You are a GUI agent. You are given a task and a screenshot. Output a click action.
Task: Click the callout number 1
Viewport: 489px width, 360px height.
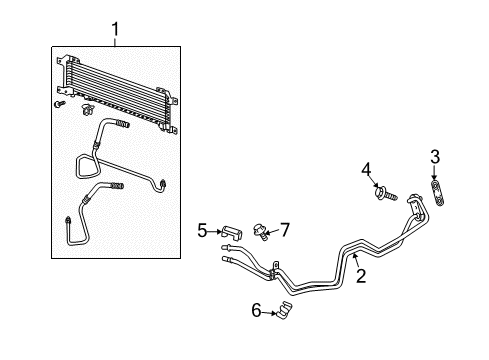pos(116,32)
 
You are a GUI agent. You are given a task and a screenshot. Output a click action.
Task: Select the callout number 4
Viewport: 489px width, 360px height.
pos(366,168)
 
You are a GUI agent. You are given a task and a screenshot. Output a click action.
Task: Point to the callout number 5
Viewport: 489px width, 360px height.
pos(201,230)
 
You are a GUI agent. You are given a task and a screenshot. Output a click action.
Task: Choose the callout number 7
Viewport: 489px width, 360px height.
pos(284,230)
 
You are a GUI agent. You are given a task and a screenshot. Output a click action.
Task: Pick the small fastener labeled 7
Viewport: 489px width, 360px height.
pos(263,236)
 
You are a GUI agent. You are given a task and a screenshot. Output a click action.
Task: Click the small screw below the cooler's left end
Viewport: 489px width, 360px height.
pos(61,104)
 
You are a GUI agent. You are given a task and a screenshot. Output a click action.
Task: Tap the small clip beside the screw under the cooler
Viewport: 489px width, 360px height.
pos(89,105)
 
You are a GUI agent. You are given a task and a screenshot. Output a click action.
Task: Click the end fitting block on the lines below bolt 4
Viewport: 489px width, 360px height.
pos(415,208)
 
